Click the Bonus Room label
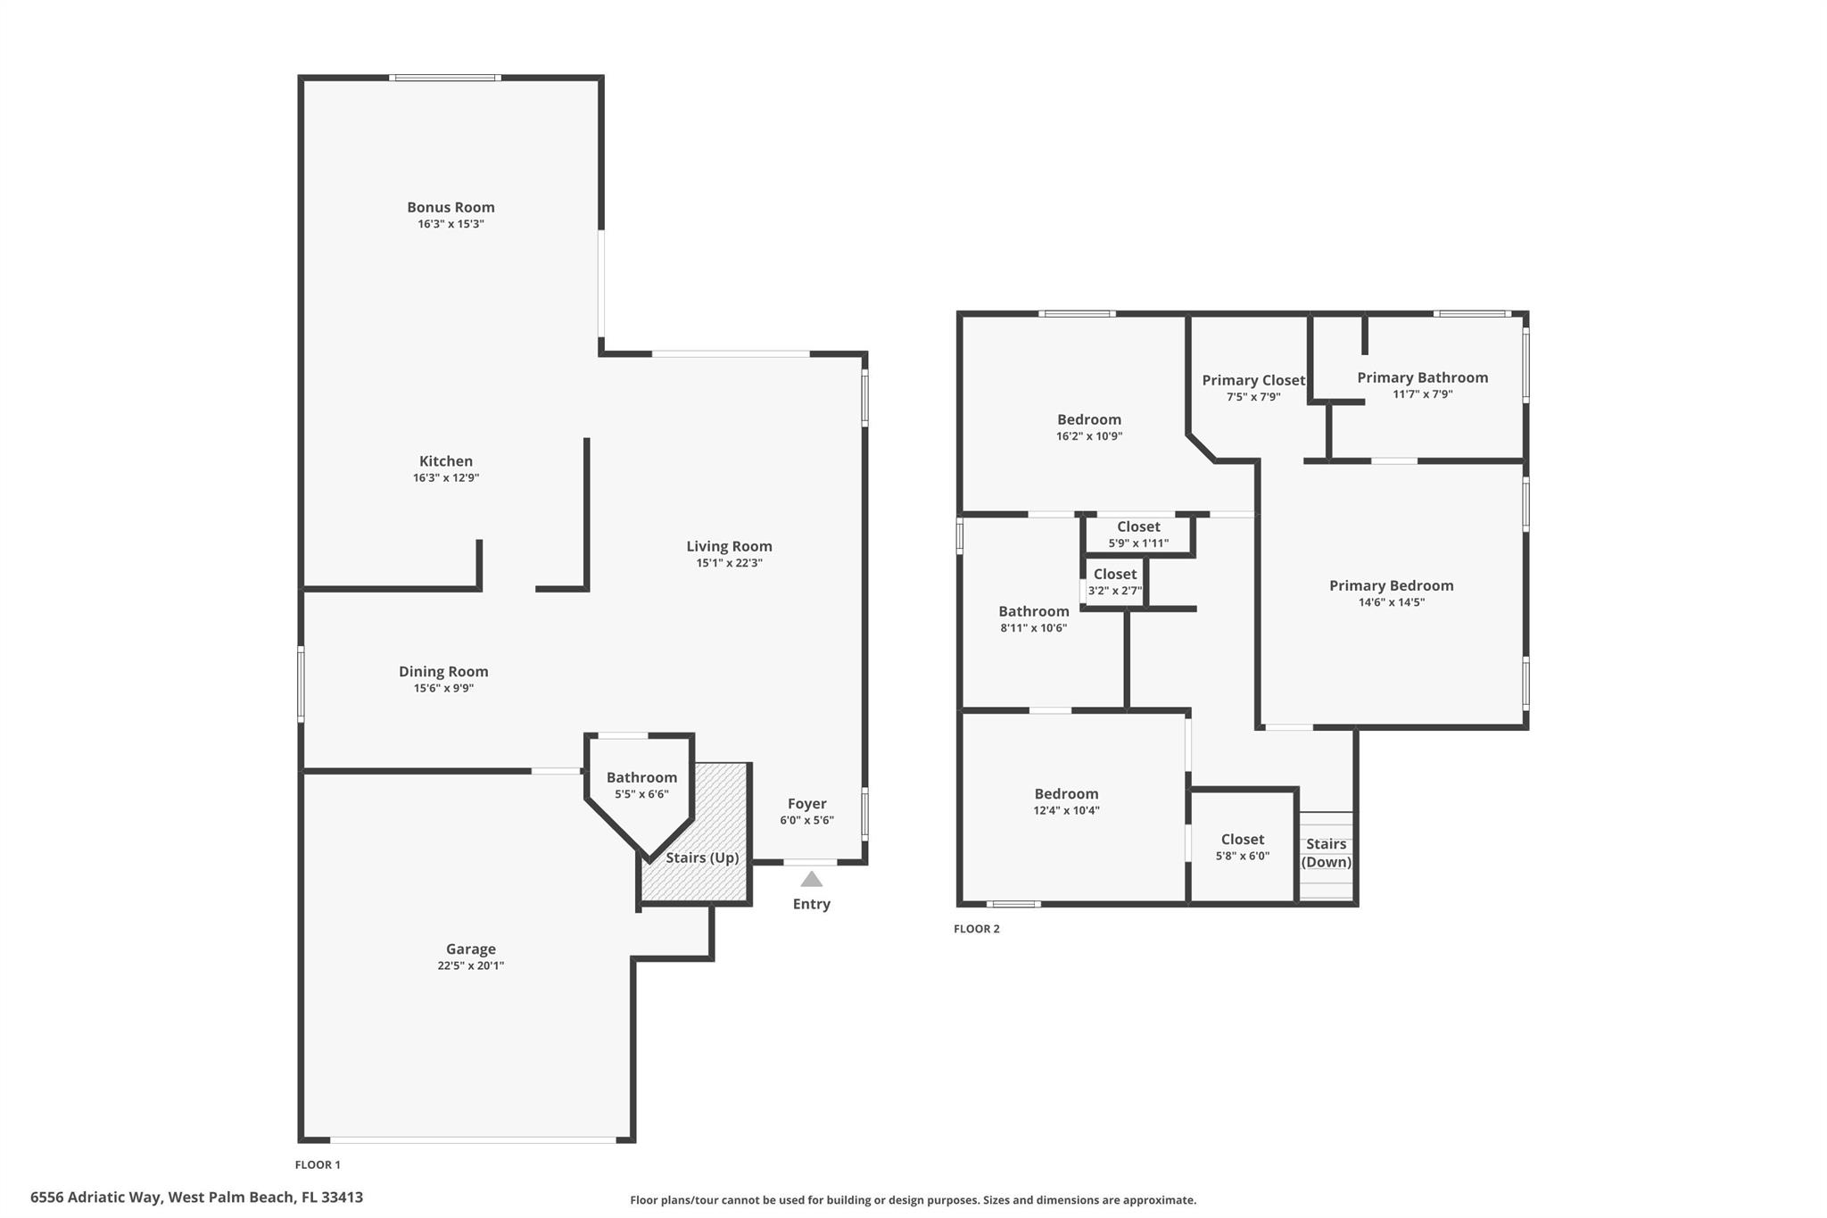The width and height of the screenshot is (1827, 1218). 451,207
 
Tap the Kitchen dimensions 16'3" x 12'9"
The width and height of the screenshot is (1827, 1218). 446,477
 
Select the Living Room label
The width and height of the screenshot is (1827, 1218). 729,546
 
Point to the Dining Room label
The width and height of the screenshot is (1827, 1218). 443,671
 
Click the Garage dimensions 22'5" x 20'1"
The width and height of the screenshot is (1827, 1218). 471,965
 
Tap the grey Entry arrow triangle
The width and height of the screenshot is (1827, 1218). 811,880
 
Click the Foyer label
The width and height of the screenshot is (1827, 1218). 807,804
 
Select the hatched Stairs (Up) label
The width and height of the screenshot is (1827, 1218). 702,858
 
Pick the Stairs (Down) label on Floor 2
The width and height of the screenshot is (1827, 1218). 1327,853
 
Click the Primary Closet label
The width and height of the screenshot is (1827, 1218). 1253,380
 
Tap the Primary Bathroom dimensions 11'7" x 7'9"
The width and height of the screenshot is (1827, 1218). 1423,394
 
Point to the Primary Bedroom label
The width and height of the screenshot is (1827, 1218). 1392,585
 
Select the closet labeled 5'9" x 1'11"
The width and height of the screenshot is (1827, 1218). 1138,534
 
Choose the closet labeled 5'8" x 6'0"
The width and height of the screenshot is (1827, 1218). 1243,847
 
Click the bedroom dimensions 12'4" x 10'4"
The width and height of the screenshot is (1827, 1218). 1066,810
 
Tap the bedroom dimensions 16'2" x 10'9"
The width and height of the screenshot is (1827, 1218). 1089,436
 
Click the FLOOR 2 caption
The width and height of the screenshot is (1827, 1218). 977,929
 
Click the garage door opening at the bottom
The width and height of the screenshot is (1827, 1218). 473,1139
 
